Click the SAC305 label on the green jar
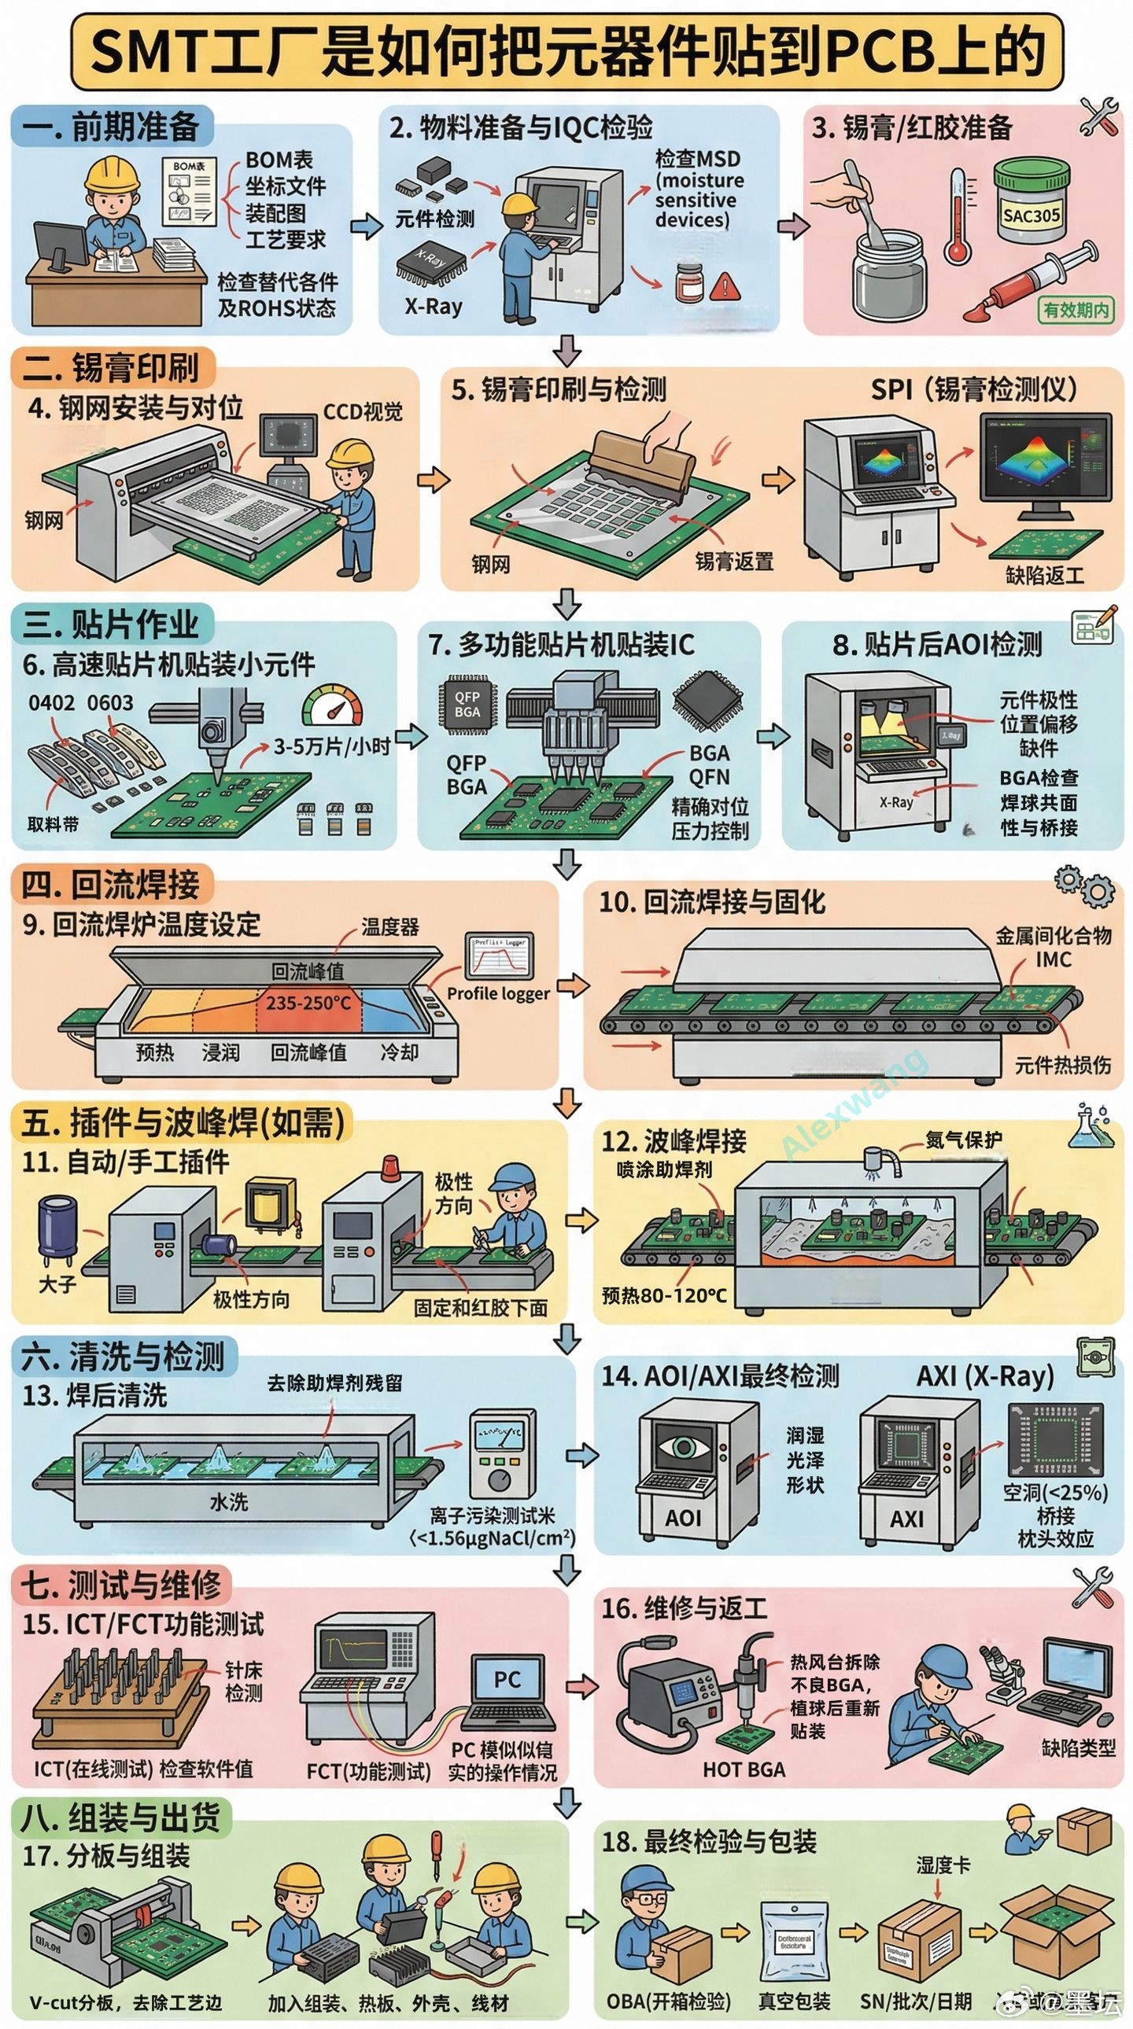pyautogui.click(x=1032, y=214)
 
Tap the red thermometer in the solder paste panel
pyautogui.click(x=958, y=216)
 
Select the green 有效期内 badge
pyautogui.click(x=1076, y=310)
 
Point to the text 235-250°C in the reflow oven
pyautogui.click(x=308, y=1003)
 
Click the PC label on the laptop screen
pyautogui.click(x=507, y=1679)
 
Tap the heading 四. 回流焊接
pyautogui.click(x=110, y=885)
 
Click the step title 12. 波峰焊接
pyautogui.click(x=674, y=1140)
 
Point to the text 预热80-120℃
pyautogui.click(x=663, y=1295)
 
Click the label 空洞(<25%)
pyautogui.click(x=1055, y=1491)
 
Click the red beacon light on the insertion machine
pyautogui.click(x=390, y=1166)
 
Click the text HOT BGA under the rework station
pyautogui.click(x=744, y=1769)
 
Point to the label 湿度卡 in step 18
pyautogui.click(x=943, y=1865)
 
